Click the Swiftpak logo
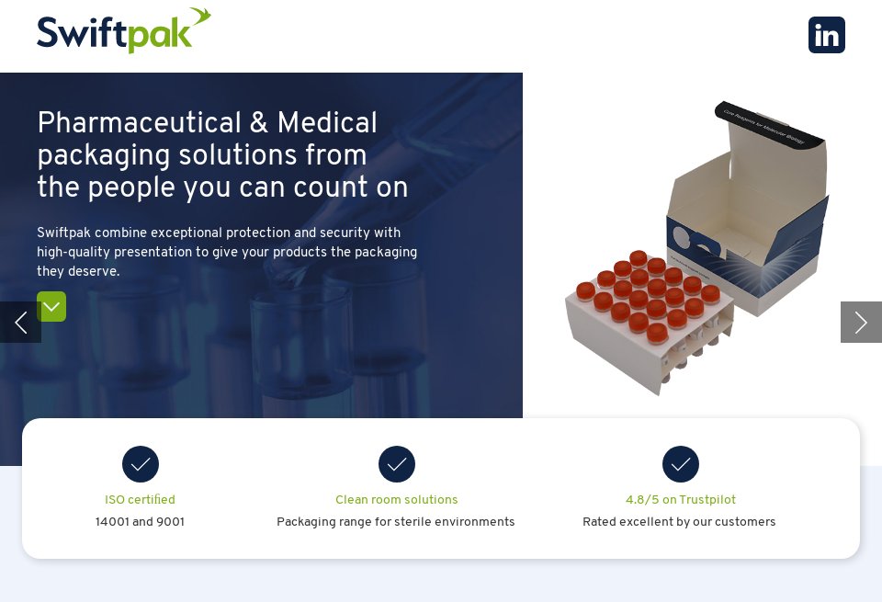pos(123,31)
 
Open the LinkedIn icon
pos(826,35)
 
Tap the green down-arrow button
pos(51,306)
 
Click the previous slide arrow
pos(20,322)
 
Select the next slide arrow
pos(861,322)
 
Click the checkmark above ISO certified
pos(141,464)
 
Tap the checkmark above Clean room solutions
pos(397,464)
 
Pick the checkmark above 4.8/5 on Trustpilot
pos(681,464)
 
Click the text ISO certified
pos(140,500)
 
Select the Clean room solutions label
pos(396,500)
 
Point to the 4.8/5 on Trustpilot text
pos(680,500)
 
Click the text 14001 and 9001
pos(140,522)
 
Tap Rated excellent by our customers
pos(679,522)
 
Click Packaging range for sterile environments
pos(395,522)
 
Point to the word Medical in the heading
pos(327,123)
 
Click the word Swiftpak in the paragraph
pos(63,233)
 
